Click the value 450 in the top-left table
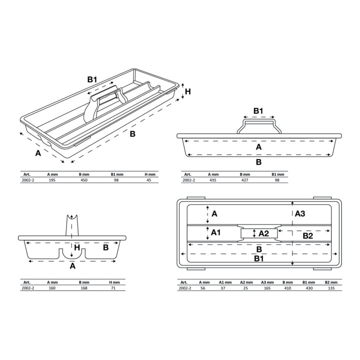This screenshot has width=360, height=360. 84,180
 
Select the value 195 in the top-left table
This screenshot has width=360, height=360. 52,180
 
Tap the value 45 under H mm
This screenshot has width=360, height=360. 149,180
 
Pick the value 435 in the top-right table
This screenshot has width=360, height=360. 213,180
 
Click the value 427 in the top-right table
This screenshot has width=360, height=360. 244,180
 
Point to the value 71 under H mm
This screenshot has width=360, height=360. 113,288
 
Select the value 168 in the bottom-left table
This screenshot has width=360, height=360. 84,288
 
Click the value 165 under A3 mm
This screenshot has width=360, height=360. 267,288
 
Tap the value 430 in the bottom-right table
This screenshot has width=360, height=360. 309,288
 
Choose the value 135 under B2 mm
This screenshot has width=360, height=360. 331,288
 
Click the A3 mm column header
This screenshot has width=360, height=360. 267,282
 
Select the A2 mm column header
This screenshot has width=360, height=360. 246,282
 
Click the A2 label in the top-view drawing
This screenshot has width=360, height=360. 263,233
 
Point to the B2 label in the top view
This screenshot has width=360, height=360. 308,236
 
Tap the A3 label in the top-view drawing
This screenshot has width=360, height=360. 300,214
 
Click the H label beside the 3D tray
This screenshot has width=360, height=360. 188,91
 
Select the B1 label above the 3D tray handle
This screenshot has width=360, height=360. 92,79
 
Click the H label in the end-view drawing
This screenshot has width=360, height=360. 77,247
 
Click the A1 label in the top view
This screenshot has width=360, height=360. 215,232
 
